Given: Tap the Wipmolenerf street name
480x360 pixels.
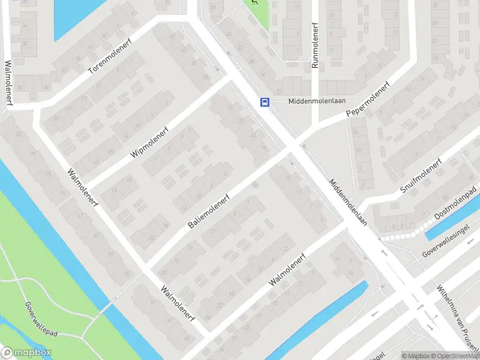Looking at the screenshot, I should (150, 142).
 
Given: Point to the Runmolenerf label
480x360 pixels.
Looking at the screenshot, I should (314, 45).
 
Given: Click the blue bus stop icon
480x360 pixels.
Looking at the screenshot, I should (265, 102).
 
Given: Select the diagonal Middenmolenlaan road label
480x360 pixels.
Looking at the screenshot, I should (348, 205).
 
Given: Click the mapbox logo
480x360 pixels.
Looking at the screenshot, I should (26, 353).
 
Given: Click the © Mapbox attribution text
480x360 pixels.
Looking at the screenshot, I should (415, 355).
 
